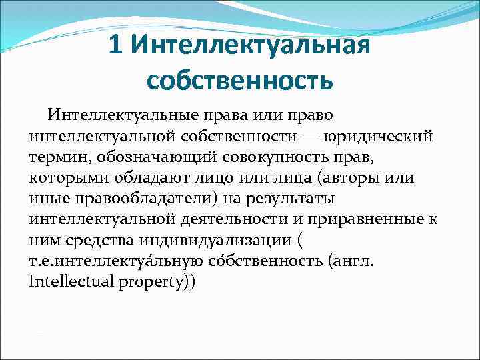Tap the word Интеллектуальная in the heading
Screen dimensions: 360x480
pos(250,46)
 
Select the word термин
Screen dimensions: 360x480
pos(59,158)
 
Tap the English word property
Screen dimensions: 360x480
pos(160,283)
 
